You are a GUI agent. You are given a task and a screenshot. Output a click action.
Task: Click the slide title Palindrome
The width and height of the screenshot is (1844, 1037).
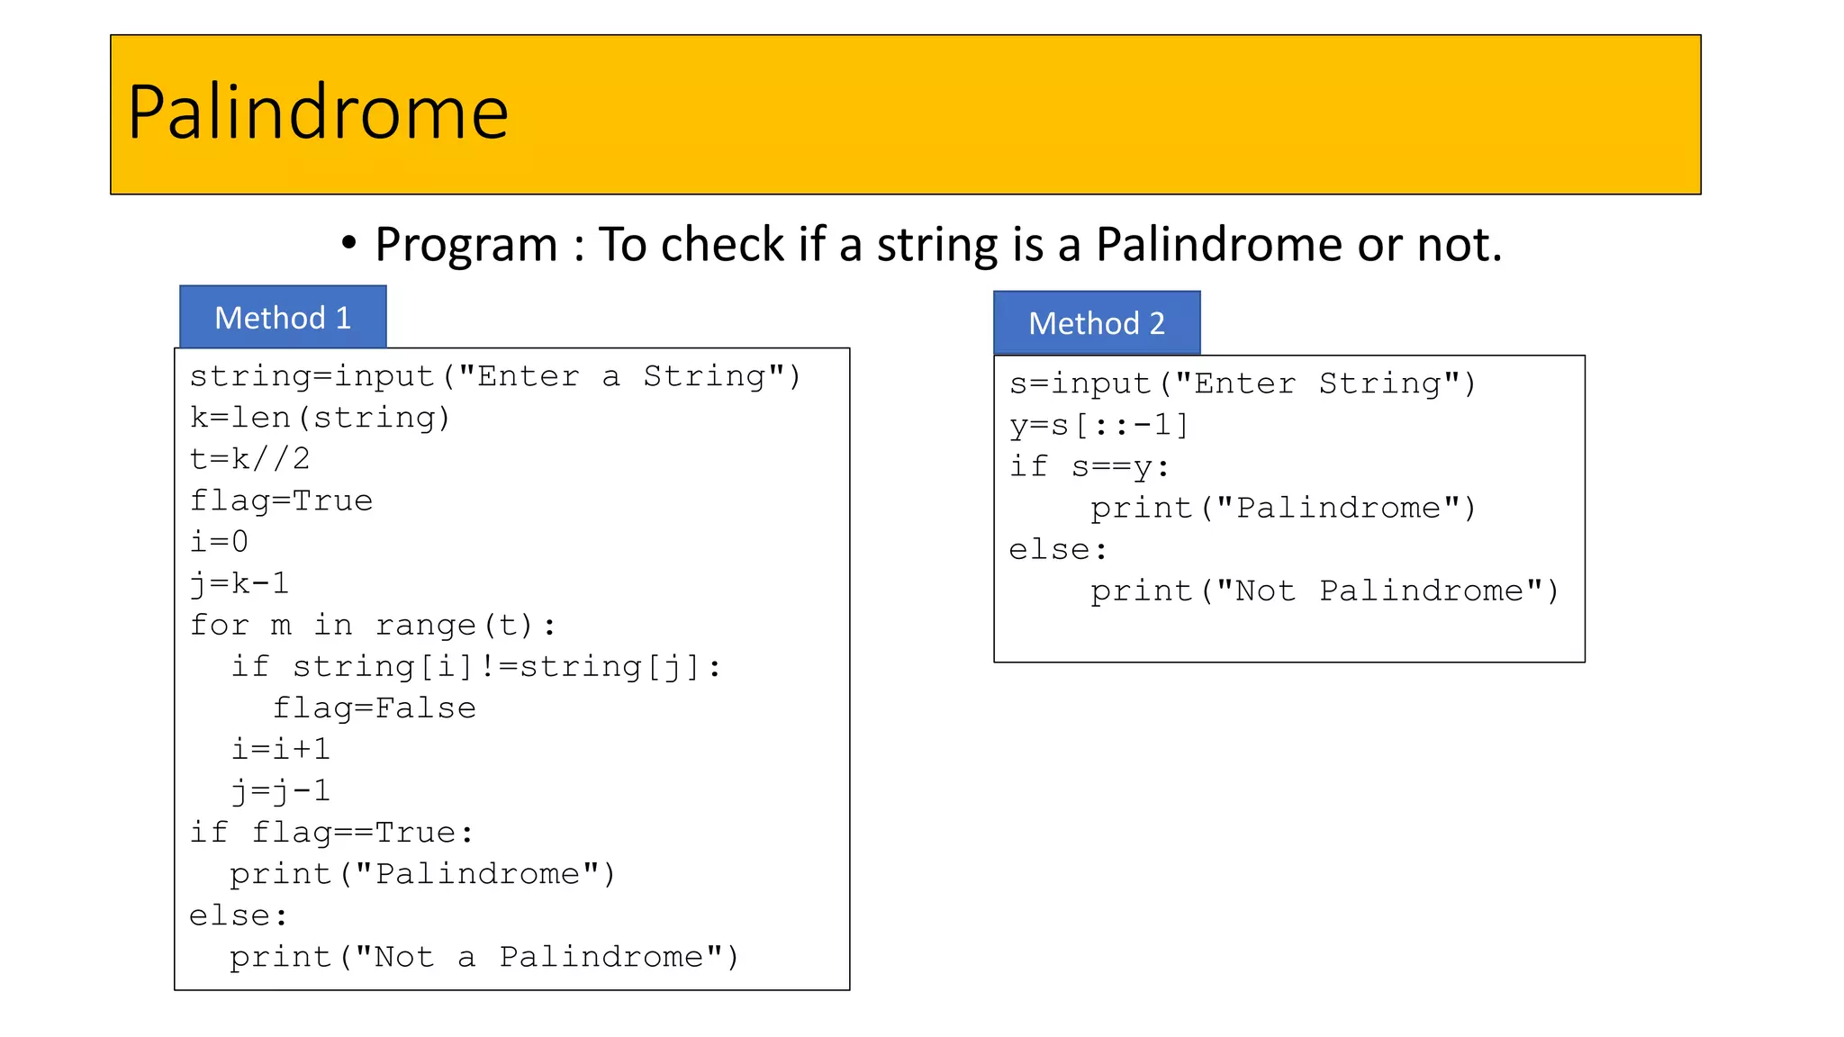click(x=318, y=113)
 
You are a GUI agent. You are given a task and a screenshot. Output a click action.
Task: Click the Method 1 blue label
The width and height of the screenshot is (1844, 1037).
click(x=283, y=318)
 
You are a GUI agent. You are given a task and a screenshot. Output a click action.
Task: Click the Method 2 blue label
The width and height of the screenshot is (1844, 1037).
click(x=1097, y=323)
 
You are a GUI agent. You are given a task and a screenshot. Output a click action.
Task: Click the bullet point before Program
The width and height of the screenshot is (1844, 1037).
click(x=349, y=244)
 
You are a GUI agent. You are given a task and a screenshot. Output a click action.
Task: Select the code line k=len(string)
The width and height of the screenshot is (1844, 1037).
click(x=320, y=418)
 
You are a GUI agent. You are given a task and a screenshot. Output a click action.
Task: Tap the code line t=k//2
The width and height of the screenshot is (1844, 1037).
click(x=250, y=459)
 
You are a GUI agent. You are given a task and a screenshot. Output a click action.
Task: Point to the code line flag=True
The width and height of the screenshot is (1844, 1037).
click(x=281, y=500)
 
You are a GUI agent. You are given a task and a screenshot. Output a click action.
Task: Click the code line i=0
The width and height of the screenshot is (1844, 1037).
click(x=219, y=542)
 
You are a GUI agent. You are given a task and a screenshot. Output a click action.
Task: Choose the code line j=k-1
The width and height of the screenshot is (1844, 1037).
click(x=240, y=583)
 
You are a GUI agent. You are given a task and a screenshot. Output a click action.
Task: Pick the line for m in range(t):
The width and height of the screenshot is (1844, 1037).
click(x=373, y=625)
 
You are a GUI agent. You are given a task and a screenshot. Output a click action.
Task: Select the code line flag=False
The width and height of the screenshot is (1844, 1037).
click(x=374, y=708)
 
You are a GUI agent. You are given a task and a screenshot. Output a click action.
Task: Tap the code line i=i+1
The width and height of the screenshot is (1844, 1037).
click(x=281, y=749)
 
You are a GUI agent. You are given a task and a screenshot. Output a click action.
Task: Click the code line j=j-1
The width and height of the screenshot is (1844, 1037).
click(x=281, y=790)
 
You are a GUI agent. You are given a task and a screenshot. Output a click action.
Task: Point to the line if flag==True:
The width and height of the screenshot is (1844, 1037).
click(x=331, y=832)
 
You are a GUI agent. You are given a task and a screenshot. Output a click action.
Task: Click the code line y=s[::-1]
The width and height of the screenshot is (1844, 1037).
click(x=1099, y=425)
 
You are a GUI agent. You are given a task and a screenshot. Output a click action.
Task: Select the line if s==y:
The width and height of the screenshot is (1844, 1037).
click(x=1089, y=466)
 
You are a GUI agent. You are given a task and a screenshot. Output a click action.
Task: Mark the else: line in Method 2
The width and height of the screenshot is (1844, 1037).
click(x=1058, y=549)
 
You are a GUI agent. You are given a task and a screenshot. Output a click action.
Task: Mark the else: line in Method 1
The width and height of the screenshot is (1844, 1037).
click(x=239, y=915)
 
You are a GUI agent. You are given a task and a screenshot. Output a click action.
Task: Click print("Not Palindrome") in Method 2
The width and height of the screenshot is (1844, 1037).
click(x=1324, y=591)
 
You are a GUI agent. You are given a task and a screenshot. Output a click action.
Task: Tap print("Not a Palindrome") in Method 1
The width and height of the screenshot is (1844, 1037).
click(x=484, y=957)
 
